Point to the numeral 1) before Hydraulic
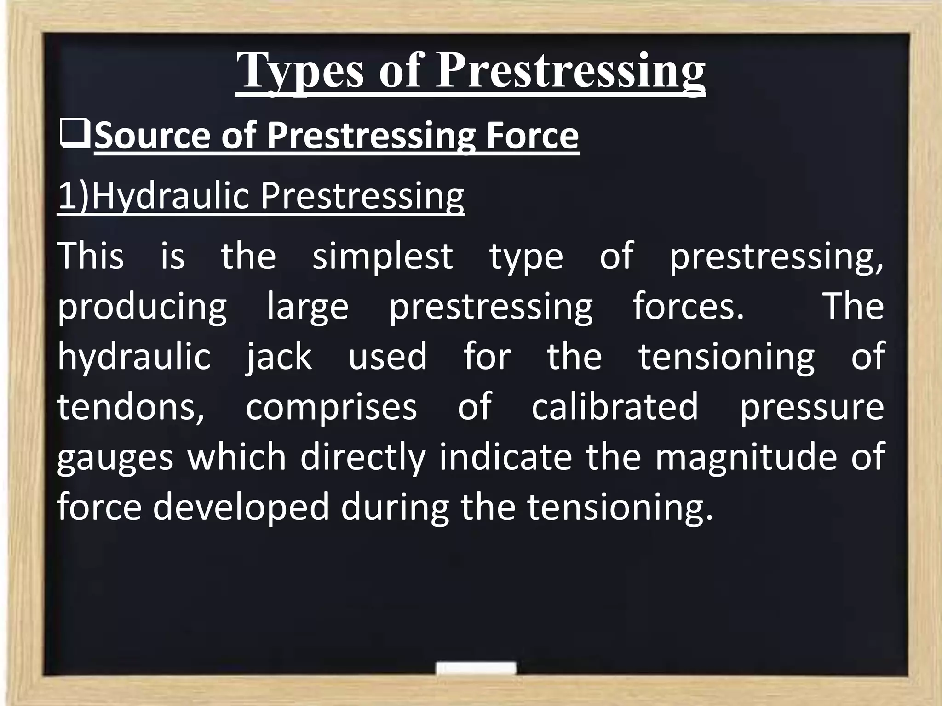pos(74,196)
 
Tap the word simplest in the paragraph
pos(383,256)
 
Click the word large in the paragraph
pos(308,307)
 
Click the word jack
pos(279,356)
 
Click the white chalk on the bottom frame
pos(476,668)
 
